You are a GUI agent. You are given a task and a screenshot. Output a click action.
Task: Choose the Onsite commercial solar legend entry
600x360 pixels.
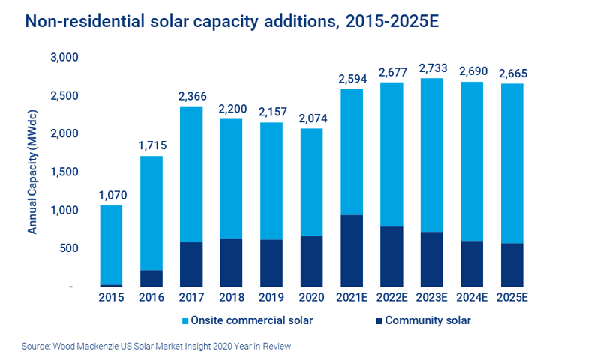250,321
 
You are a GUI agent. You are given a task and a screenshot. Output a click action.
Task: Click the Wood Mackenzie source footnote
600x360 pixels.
157,346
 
